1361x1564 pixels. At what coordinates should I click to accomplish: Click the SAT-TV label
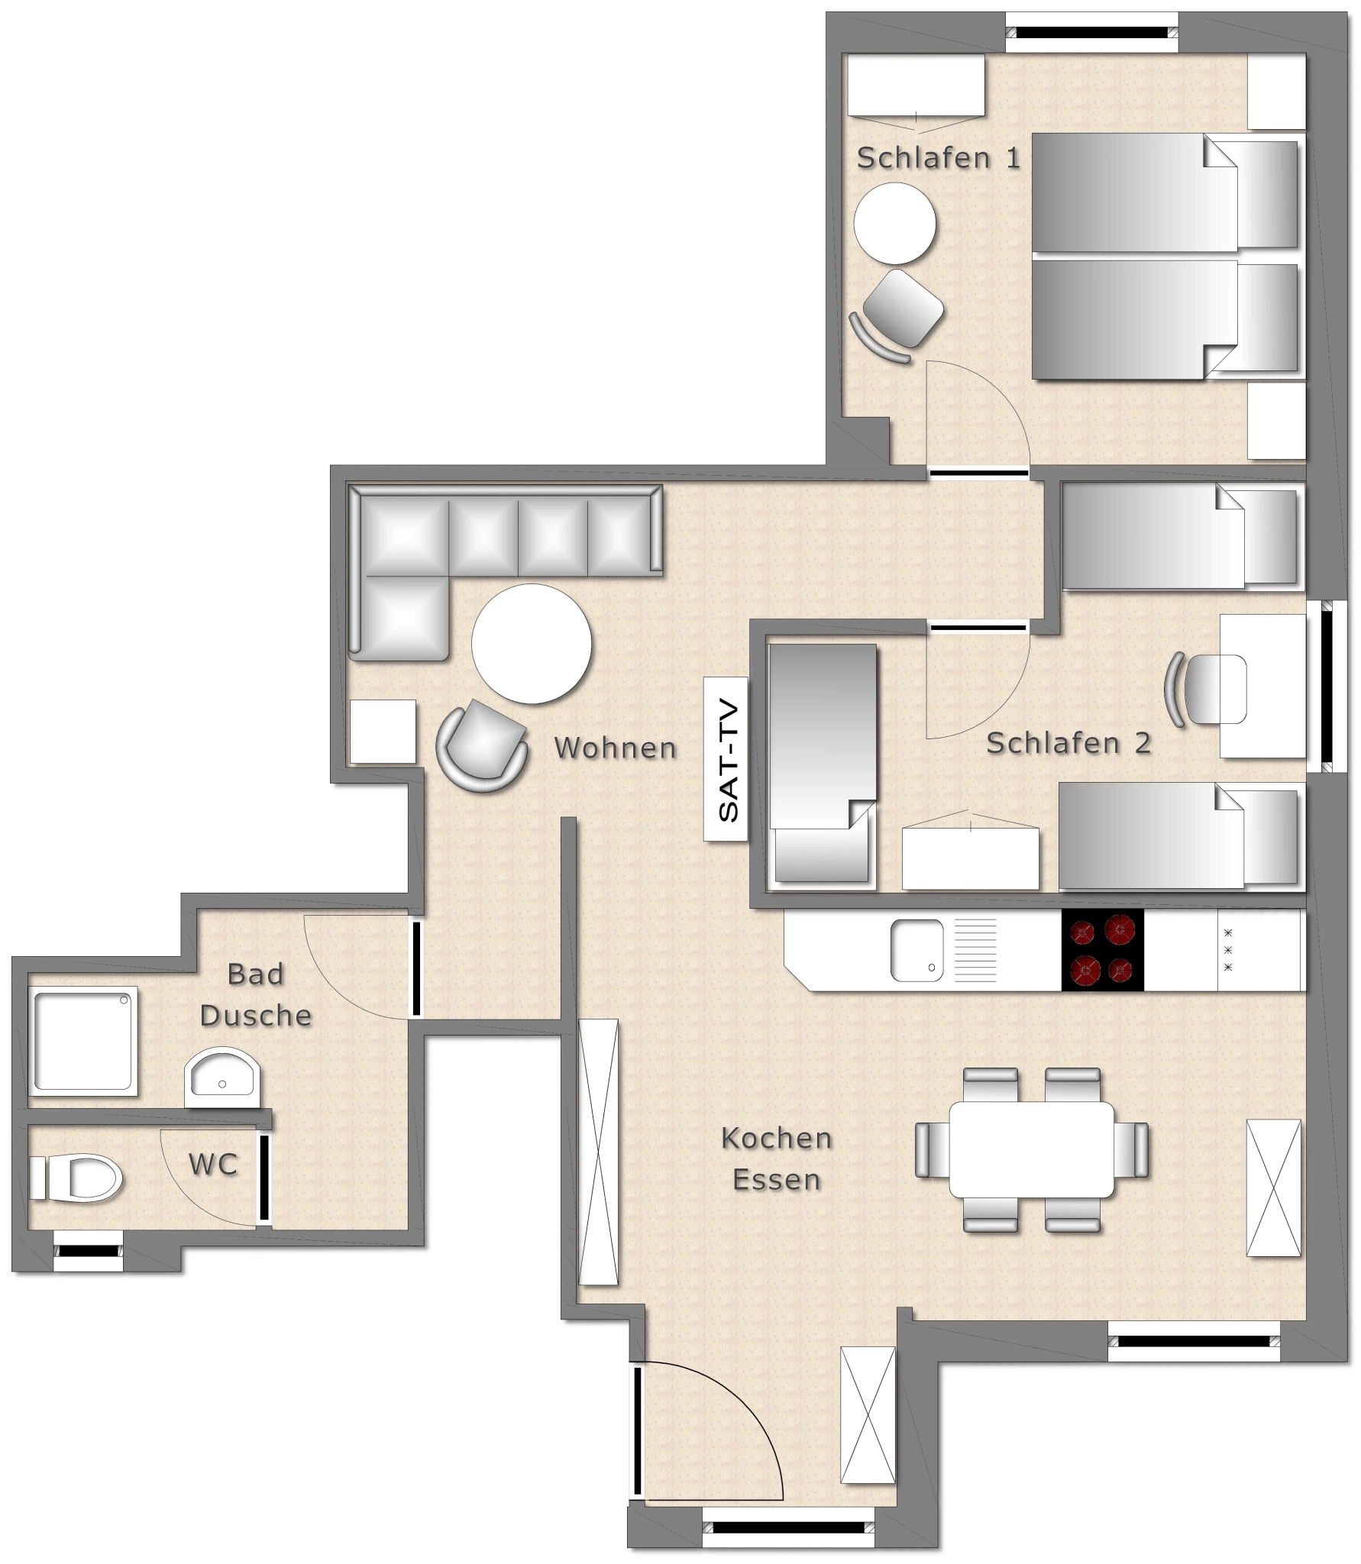(726, 759)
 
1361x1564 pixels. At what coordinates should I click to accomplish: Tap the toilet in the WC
(76, 1178)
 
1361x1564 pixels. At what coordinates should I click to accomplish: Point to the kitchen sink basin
(916, 950)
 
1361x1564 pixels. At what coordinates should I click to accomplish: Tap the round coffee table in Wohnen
(532, 644)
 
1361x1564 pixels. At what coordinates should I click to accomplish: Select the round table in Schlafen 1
(895, 223)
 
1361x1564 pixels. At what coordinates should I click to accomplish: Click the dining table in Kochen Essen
(1032, 1149)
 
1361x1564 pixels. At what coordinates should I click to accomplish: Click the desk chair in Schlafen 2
(1206, 690)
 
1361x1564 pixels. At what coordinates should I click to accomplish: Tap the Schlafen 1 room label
(938, 158)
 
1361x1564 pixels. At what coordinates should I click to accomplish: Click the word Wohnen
(615, 748)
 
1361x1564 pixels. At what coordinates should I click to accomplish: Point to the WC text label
(213, 1165)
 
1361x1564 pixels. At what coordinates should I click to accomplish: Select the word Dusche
(256, 1016)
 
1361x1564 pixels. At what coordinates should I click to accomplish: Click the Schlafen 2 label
(1068, 743)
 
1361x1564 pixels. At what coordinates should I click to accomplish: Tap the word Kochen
(777, 1139)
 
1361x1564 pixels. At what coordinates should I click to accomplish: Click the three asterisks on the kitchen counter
(1228, 950)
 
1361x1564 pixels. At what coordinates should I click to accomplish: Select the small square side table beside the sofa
(383, 732)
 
